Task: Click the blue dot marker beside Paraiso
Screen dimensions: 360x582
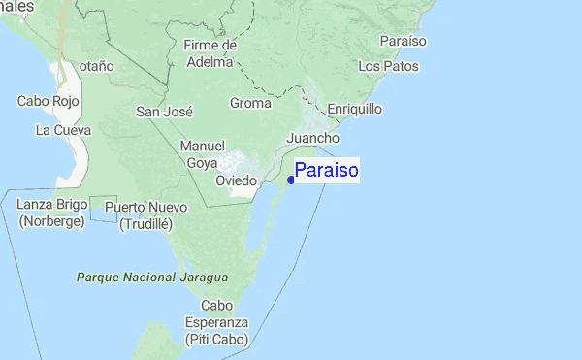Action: (x=291, y=180)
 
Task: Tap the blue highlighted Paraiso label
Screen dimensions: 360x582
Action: (x=327, y=171)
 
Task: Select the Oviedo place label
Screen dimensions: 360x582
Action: (x=236, y=180)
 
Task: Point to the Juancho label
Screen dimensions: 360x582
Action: (x=312, y=139)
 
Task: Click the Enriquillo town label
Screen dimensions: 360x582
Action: (x=355, y=109)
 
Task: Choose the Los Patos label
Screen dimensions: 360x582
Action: (x=388, y=66)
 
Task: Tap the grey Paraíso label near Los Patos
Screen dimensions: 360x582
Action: (x=404, y=42)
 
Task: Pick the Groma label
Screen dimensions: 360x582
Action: (x=251, y=103)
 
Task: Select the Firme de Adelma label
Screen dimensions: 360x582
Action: (x=210, y=53)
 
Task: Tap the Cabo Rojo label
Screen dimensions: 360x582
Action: (x=48, y=100)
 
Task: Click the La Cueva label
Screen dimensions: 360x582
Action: (x=63, y=129)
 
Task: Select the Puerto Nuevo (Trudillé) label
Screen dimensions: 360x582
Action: (x=145, y=215)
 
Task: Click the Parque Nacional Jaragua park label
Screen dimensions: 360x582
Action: (x=151, y=278)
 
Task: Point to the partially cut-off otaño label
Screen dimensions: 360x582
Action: (x=97, y=65)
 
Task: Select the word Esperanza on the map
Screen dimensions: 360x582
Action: (x=219, y=322)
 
